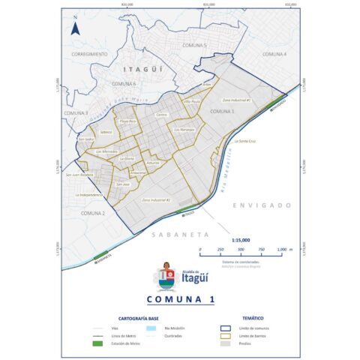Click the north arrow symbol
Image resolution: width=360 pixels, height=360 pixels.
click(75, 29)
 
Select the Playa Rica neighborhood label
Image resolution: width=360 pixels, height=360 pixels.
click(127, 120)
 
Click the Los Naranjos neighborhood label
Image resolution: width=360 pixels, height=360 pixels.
click(184, 130)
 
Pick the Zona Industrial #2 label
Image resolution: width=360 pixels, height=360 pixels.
click(156, 200)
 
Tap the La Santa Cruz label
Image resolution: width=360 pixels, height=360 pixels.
click(246, 140)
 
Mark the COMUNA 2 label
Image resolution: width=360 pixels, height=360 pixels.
click(93, 214)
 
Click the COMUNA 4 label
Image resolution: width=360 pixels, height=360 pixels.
click(274, 55)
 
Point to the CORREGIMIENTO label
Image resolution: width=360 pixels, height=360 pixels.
click(90, 55)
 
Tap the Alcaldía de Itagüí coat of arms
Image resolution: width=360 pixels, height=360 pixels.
click(168, 275)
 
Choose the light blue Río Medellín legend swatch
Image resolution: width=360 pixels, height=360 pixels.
click(151, 328)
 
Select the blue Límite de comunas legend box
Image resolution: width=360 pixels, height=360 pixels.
click(223, 328)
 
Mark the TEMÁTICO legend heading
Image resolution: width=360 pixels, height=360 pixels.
click(253, 318)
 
